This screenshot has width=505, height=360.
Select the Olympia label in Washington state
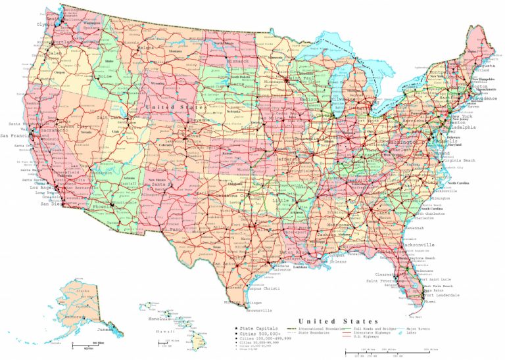coord(46,24)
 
